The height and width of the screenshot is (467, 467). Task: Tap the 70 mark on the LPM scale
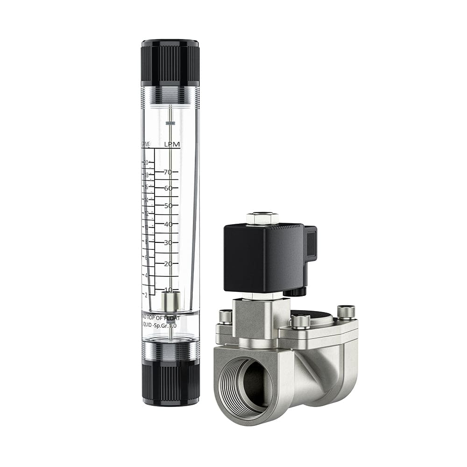pyautogui.click(x=168, y=172)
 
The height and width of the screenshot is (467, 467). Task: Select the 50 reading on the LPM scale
pyautogui.click(x=168, y=205)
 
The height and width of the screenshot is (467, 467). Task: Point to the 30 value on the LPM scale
pyautogui.click(x=168, y=242)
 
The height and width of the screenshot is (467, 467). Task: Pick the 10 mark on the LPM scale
pyautogui.click(x=168, y=290)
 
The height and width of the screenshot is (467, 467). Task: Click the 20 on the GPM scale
pyautogui.click(x=146, y=163)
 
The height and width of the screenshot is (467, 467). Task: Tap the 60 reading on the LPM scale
pyautogui.click(x=168, y=188)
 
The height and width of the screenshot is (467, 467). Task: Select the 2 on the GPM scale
pyautogui.click(x=146, y=295)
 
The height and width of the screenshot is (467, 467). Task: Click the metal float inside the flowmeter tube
pyautogui.click(x=170, y=302)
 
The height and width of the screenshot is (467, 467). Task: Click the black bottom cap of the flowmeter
pyautogui.click(x=170, y=383)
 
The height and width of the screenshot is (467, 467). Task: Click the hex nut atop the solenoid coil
pyautogui.click(x=262, y=218)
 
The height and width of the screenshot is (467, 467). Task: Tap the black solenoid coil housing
pyautogui.click(x=264, y=257)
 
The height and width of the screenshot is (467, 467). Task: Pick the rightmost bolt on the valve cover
pyautogui.click(x=346, y=311)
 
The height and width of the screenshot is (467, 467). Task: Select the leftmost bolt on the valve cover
pyautogui.click(x=225, y=316)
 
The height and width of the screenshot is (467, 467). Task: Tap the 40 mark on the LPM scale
pyautogui.click(x=168, y=224)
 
